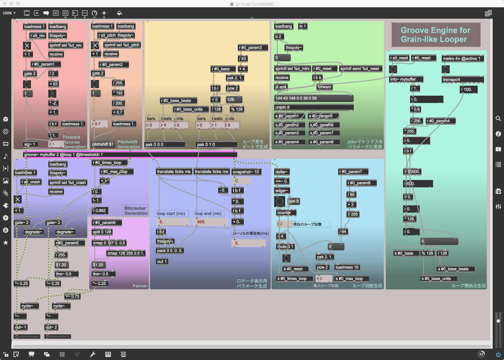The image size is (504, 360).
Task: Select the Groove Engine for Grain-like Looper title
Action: click(x=435, y=35)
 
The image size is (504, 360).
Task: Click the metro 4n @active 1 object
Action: click(x=461, y=59)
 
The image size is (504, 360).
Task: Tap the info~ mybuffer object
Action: click(x=406, y=79)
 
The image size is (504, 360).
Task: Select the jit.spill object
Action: click(x=281, y=87)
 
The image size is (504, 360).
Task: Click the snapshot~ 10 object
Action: click(x=246, y=172)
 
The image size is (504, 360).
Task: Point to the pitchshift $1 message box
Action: click(x=103, y=144)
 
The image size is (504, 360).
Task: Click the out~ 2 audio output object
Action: click(x=51, y=327)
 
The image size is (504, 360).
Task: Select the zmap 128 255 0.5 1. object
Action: click(x=126, y=253)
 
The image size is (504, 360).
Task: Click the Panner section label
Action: click(x=140, y=286)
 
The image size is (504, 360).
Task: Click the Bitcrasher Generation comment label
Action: click(x=136, y=211)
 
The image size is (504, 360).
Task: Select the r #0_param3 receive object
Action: click(x=250, y=48)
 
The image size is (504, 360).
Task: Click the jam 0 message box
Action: click(x=293, y=201)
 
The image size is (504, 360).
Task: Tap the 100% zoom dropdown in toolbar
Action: click(x=9, y=13)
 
